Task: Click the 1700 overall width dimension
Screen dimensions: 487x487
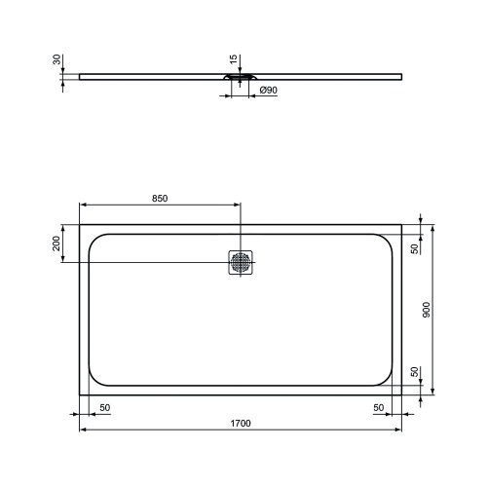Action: [x=241, y=423]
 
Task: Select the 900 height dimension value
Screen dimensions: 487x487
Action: [x=427, y=310]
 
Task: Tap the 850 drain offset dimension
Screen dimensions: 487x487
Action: [x=161, y=199]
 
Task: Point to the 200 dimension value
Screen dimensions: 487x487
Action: [x=56, y=243]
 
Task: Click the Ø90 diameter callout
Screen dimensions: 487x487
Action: [x=268, y=91]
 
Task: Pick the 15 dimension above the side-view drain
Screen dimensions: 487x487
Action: [x=235, y=62]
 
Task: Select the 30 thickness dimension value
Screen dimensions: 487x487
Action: [x=56, y=59]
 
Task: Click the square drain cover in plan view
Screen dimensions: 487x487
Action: [x=242, y=262]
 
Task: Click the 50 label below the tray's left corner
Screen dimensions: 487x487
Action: [x=104, y=406]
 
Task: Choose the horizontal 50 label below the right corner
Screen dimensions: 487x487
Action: [x=378, y=406]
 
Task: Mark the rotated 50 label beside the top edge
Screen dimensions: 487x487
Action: [x=414, y=249]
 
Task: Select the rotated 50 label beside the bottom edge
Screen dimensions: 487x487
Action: [x=414, y=372]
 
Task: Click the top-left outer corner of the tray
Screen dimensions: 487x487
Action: [x=80, y=225]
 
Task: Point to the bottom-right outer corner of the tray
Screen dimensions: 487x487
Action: [x=401, y=394]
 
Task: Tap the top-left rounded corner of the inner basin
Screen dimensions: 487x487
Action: [x=94, y=239]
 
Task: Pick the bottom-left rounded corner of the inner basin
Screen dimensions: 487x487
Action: [x=94, y=380]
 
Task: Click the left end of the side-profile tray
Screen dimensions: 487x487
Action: [x=80, y=75]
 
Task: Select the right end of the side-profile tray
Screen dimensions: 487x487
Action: [x=401, y=75]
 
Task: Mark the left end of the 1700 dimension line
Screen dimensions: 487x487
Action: [x=80, y=429]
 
